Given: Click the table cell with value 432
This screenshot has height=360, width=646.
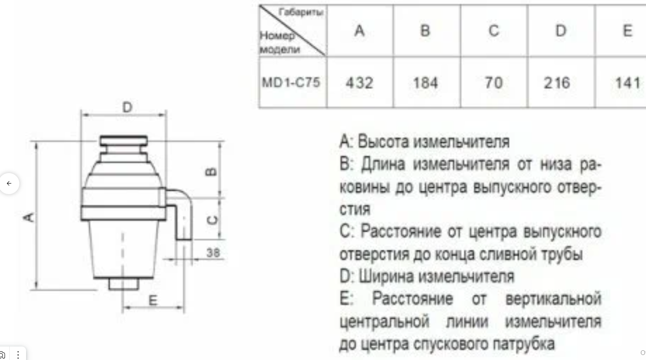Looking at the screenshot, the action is pos(360,83).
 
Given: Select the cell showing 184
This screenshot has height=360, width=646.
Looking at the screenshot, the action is pos(425,83).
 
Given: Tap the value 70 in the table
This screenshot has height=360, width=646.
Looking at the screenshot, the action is pos(493,83).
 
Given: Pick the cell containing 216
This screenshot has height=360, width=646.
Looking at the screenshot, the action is pos(557,83).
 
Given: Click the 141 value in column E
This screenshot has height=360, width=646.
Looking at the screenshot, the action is pos(627,83).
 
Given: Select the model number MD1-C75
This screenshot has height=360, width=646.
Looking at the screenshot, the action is pos(291,82).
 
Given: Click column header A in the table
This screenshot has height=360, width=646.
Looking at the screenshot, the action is pos(359,31).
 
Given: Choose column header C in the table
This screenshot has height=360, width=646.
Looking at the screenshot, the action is pos(494,31).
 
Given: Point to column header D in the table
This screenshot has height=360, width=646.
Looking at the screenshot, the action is pos(561,31).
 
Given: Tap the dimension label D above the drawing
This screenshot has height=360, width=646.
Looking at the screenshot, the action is pos(127,107).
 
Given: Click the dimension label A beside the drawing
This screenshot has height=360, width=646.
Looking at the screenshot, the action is pos(29,217).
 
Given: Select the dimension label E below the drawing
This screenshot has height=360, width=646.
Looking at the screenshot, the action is pos(153,300).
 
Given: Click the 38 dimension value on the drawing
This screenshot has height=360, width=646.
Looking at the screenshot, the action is pos(213,253).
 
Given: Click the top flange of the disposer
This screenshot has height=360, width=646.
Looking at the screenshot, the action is pos(123,141).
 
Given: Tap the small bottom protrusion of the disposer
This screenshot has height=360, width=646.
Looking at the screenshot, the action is pos(123,284).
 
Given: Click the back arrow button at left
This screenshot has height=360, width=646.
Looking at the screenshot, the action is pos(9,183).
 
